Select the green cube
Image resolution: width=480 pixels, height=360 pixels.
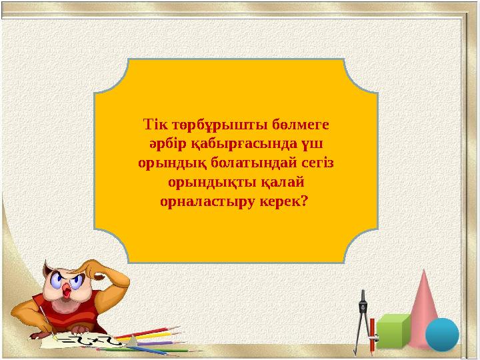coord(394,331)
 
